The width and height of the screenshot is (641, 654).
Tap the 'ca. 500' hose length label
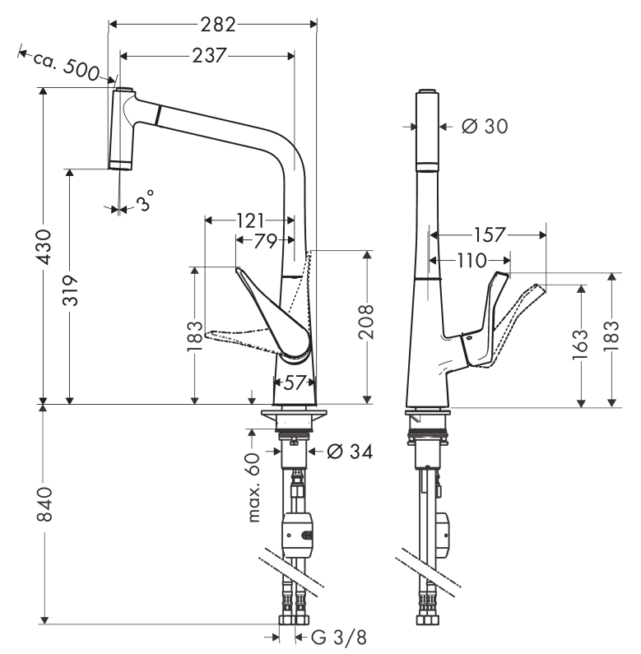66,67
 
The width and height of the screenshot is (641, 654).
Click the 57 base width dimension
295,382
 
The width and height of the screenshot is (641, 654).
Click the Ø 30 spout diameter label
484,126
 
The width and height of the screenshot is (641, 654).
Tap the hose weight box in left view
296,535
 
